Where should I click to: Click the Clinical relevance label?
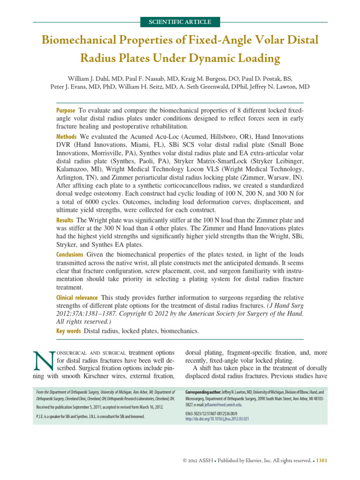pos(77,297)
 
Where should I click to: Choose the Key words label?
pos(68,331)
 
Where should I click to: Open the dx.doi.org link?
pos(217,419)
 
